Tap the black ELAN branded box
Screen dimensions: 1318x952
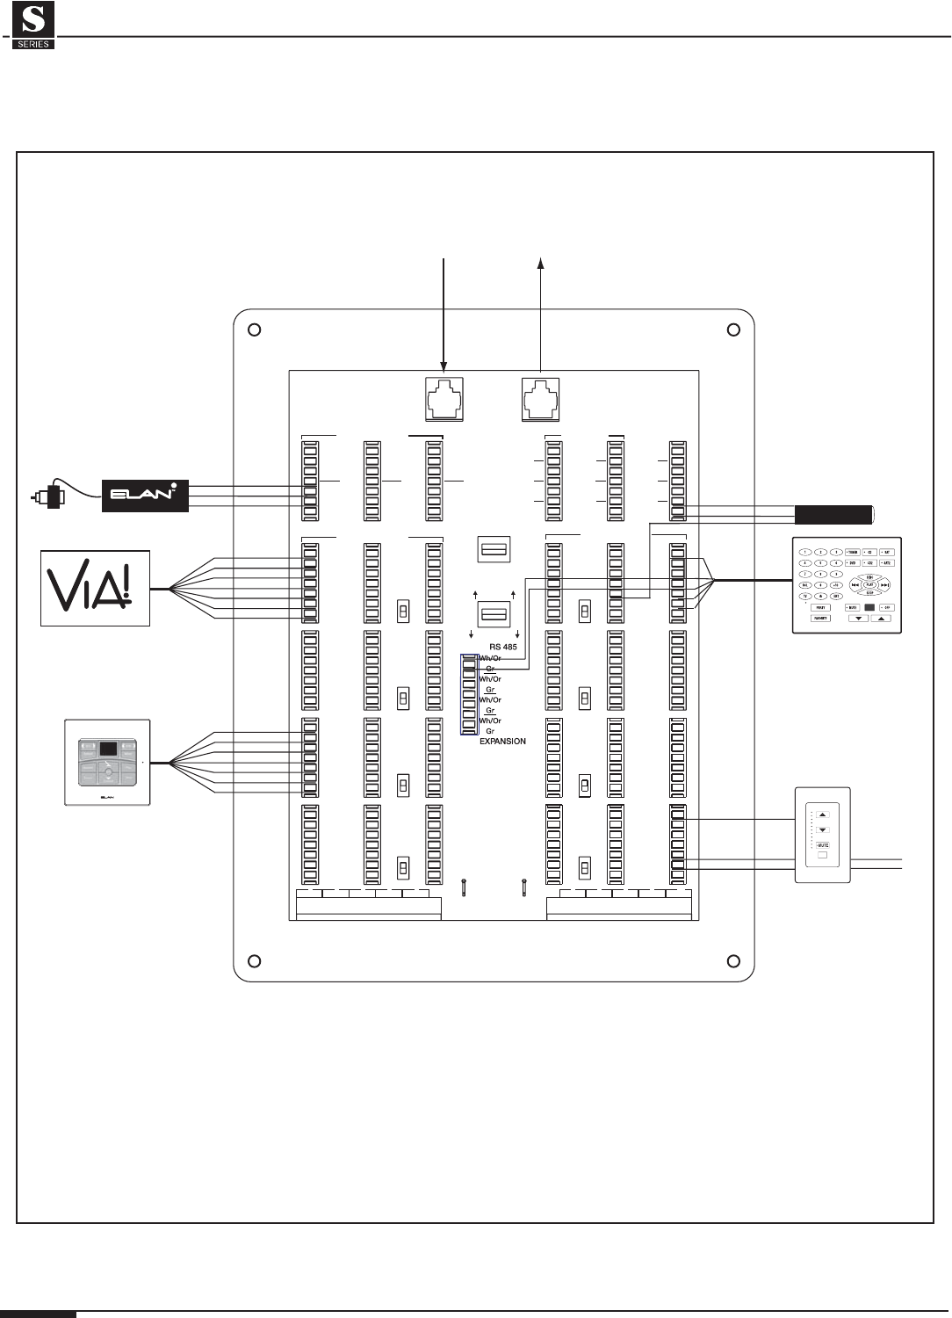point(145,496)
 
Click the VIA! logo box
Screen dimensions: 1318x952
point(96,588)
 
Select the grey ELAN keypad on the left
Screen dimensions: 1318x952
point(107,762)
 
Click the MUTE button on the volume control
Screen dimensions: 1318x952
point(823,844)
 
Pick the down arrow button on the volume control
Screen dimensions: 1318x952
point(823,829)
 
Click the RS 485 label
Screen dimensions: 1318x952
point(502,646)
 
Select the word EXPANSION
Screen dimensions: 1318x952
point(502,742)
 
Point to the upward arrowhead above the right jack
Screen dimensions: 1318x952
point(540,262)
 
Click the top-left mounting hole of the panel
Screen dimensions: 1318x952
point(253,330)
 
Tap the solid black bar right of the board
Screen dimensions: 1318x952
point(833,513)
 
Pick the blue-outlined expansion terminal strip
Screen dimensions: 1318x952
point(469,694)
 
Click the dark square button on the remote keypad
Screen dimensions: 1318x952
point(869,607)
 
